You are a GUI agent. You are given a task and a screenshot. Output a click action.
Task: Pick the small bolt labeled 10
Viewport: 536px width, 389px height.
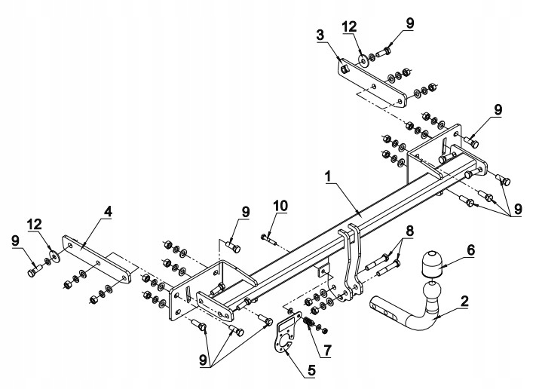pyautogui.click(x=269, y=239)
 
